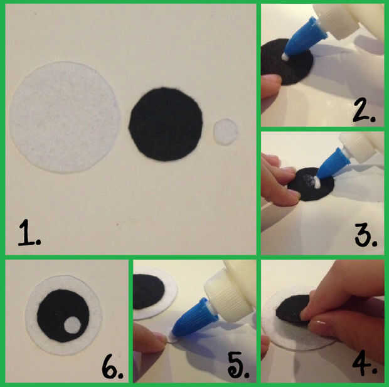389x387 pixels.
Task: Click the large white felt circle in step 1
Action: (x=65, y=117)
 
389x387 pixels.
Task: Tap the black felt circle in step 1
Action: (x=166, y=124)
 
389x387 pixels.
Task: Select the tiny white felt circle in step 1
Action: (x=225, y=132)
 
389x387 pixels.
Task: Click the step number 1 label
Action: (x=29, y=233)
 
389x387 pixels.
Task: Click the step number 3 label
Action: (x=366, y=235)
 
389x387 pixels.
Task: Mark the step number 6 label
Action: (x=112, y=367)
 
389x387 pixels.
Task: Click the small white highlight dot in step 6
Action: (x=72, y=325)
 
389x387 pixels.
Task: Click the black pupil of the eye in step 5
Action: (x=148, y=292)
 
